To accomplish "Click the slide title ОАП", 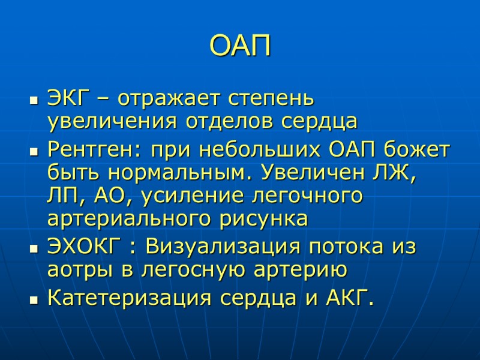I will tap(240, 46).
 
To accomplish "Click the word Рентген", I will tap(94, 148).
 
